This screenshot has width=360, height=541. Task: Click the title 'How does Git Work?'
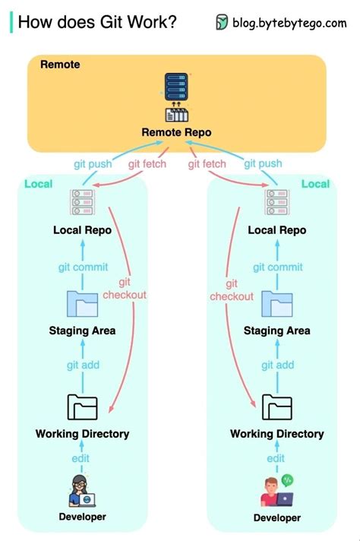pyautogui.click(x=97, y=22)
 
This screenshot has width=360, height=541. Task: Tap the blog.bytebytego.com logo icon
pyautogui.click(x=222, y=23)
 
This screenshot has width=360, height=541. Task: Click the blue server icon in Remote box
pyautogui.click(x=176, y=85)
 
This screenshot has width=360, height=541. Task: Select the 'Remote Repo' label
pyautogui.click(x=176, y=133)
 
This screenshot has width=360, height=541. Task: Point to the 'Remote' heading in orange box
pyautogui.click(x=59, y=65)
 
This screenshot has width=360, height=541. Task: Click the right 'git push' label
pyautogui.click(x=263, y=163)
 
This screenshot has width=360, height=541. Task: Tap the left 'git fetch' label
pyautogui.click(x=147, y=163)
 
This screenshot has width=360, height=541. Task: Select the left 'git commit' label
pyautogui.click(x=83, y=267)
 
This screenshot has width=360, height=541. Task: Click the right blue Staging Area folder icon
pyautogui.click(x=276, y=304)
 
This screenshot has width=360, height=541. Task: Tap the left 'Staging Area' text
pyautogui.click(x=82, y=331)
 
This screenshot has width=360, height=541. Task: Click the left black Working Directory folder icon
pyautogui.click(x=82, y=408)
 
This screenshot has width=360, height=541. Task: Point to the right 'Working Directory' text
pyautogui.click(x=276, y=434)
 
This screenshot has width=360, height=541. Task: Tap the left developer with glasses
pyautogui.click(x=82, y=490)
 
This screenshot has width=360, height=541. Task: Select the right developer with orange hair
pyautogui.click(x=275, y=492)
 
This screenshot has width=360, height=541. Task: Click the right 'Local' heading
pyautogui.click(x=315, y=184)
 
